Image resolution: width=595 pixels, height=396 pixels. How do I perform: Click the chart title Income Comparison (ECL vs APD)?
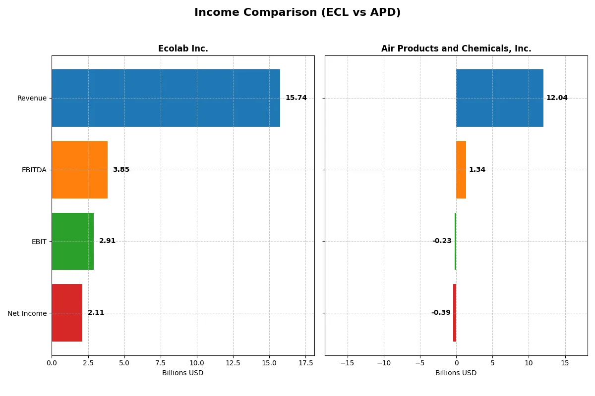click(297, 12)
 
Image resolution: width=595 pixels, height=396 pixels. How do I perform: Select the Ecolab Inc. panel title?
click(183, 49)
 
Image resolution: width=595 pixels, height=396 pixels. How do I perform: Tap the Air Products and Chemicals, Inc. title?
click(456, 49)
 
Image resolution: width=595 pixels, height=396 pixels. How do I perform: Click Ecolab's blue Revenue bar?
click(166, 98)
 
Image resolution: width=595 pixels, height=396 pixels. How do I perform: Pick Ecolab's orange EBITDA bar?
click(79, 170)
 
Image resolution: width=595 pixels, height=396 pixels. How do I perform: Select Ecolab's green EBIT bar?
click(72, 241)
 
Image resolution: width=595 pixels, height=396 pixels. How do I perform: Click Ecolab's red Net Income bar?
click(67, 313)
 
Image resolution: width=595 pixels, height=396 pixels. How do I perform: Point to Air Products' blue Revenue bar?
click(500, 98)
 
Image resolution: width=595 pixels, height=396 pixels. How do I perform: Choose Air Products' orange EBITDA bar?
click(461, 170)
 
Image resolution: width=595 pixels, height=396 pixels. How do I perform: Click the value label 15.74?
click(296, 98)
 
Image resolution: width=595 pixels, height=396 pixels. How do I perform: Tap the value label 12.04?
click(557, 98)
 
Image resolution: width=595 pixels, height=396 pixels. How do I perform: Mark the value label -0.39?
click(441, 313)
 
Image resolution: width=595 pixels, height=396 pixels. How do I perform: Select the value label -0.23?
click(442, 241)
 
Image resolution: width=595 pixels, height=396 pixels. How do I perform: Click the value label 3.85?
click(121, 170)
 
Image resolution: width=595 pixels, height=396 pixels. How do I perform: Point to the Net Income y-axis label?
click(27, 313)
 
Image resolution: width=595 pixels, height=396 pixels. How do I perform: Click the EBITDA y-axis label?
click(34, 170)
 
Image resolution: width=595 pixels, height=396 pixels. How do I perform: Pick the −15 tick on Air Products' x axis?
click(347, 363)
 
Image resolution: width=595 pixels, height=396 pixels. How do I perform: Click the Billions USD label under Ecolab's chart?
click(182, 373)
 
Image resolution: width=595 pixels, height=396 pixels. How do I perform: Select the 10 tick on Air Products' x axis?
click(529, 363)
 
